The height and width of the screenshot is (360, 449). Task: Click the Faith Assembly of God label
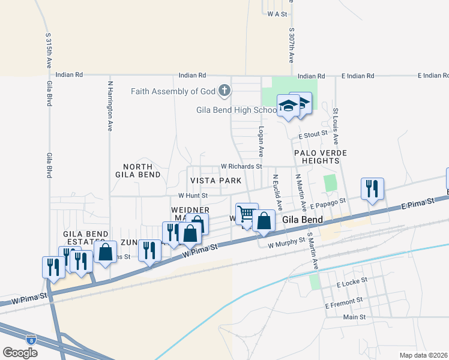click(x=173, y=91)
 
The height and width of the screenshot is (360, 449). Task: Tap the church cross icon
click(x=224, y=91)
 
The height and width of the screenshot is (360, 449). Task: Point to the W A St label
click(x=277, y=13)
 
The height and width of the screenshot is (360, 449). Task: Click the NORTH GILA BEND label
click(x=142, y=170)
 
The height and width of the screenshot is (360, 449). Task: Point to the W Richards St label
click(x=241, y=166)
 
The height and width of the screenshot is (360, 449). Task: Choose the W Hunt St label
click(x=193, y=196)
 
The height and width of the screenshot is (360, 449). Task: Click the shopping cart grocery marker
click(x=246, y=214)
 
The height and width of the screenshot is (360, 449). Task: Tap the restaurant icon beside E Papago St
click(x=372, y=188)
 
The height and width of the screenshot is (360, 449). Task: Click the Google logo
click(x=20, y=353)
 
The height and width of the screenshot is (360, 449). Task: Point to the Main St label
click(x=354, y=317)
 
